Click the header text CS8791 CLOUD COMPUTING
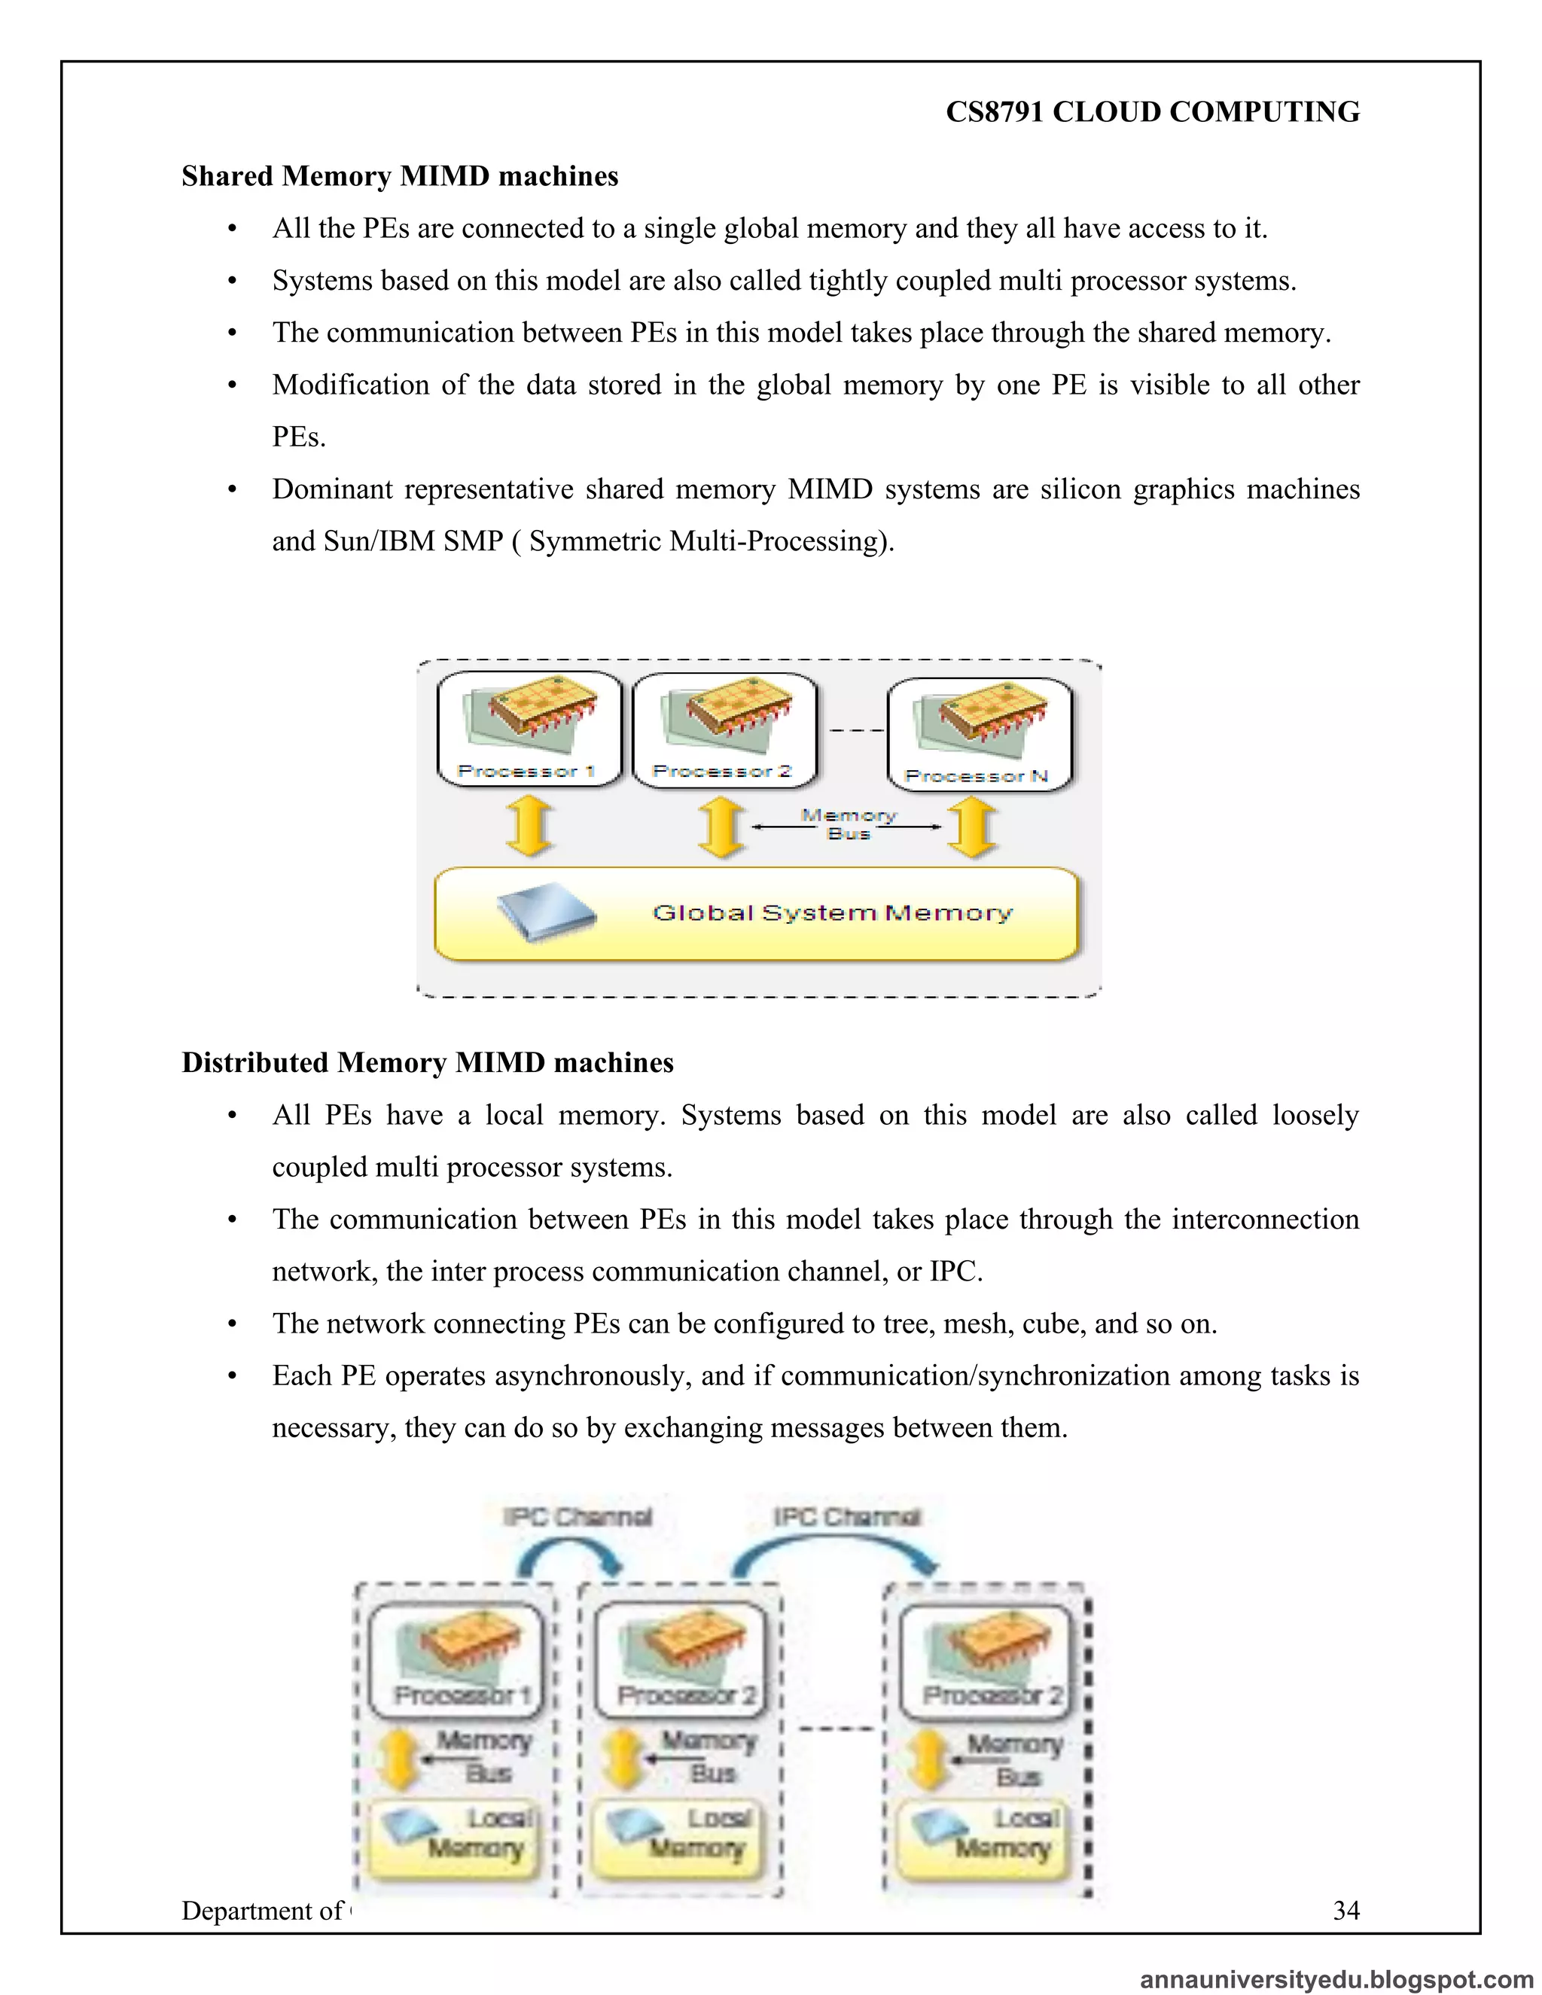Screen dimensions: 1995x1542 1152,111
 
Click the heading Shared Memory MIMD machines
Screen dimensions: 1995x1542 399,175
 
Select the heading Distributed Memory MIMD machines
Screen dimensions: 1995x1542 427,1062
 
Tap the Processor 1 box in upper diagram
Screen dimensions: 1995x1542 529,729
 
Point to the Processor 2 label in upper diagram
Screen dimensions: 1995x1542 721,771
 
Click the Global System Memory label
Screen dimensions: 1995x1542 832,912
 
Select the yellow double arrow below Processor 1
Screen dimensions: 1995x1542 530,826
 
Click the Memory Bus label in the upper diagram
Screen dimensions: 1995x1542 849,824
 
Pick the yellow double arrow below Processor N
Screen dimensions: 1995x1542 972,827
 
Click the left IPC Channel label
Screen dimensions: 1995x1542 577,1517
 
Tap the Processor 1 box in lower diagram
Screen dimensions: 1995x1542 456,1660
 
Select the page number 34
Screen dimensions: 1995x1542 1345,1910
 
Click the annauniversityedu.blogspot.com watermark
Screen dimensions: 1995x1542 1336,1978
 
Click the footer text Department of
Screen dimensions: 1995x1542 261,1910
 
